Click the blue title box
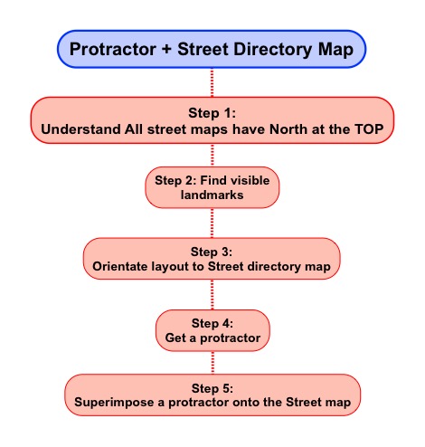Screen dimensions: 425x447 pos(212,49)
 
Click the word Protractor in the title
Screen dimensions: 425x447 pos(113,49)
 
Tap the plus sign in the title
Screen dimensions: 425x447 pos(166,49)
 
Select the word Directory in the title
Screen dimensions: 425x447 pos(273,50)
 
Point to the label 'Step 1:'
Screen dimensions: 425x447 pos(212,113)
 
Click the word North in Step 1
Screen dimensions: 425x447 pos(288,129)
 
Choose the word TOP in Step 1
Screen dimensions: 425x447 pos(369,129)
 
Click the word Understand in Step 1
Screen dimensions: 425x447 pos(81,129)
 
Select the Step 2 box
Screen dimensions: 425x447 pos(212,187)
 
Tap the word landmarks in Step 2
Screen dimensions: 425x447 pos(212,195)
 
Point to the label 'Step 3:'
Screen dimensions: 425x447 pos(212,252)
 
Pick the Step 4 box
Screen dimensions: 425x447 pos(212,330)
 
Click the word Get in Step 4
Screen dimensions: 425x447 pos(175,338)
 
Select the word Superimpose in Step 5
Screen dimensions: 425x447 pos(114,403)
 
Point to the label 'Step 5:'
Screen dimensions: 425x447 pos(212,388)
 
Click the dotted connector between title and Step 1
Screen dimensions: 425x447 pos(212,82)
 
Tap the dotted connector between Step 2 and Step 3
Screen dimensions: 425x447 pos(212,223)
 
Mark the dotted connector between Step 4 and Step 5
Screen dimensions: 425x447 pos(212,363)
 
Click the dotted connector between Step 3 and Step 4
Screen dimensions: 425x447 pos(212,294)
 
